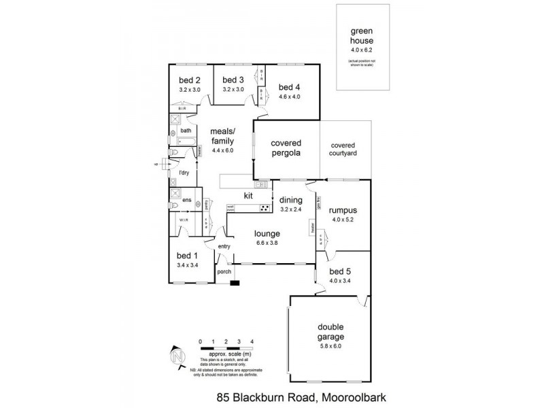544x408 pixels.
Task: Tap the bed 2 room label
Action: pyautogui.click(x=180, y=79)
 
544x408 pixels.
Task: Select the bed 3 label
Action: pyautogui.click(x=233, y=79)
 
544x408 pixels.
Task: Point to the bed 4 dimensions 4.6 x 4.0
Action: pyautogui.click(x=289, y=96)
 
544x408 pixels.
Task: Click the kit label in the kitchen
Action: pyautogui.click(x=239, y=196)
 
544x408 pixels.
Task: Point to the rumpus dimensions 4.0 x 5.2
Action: pyautogui.click(x=343, y=219)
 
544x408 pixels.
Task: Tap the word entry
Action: pyautogui.click(x=225, y=246)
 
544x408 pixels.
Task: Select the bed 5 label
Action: pyautogui.click(x=341, y=271)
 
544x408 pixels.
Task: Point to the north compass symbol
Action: pyautogui.click(x=177, y=356)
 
